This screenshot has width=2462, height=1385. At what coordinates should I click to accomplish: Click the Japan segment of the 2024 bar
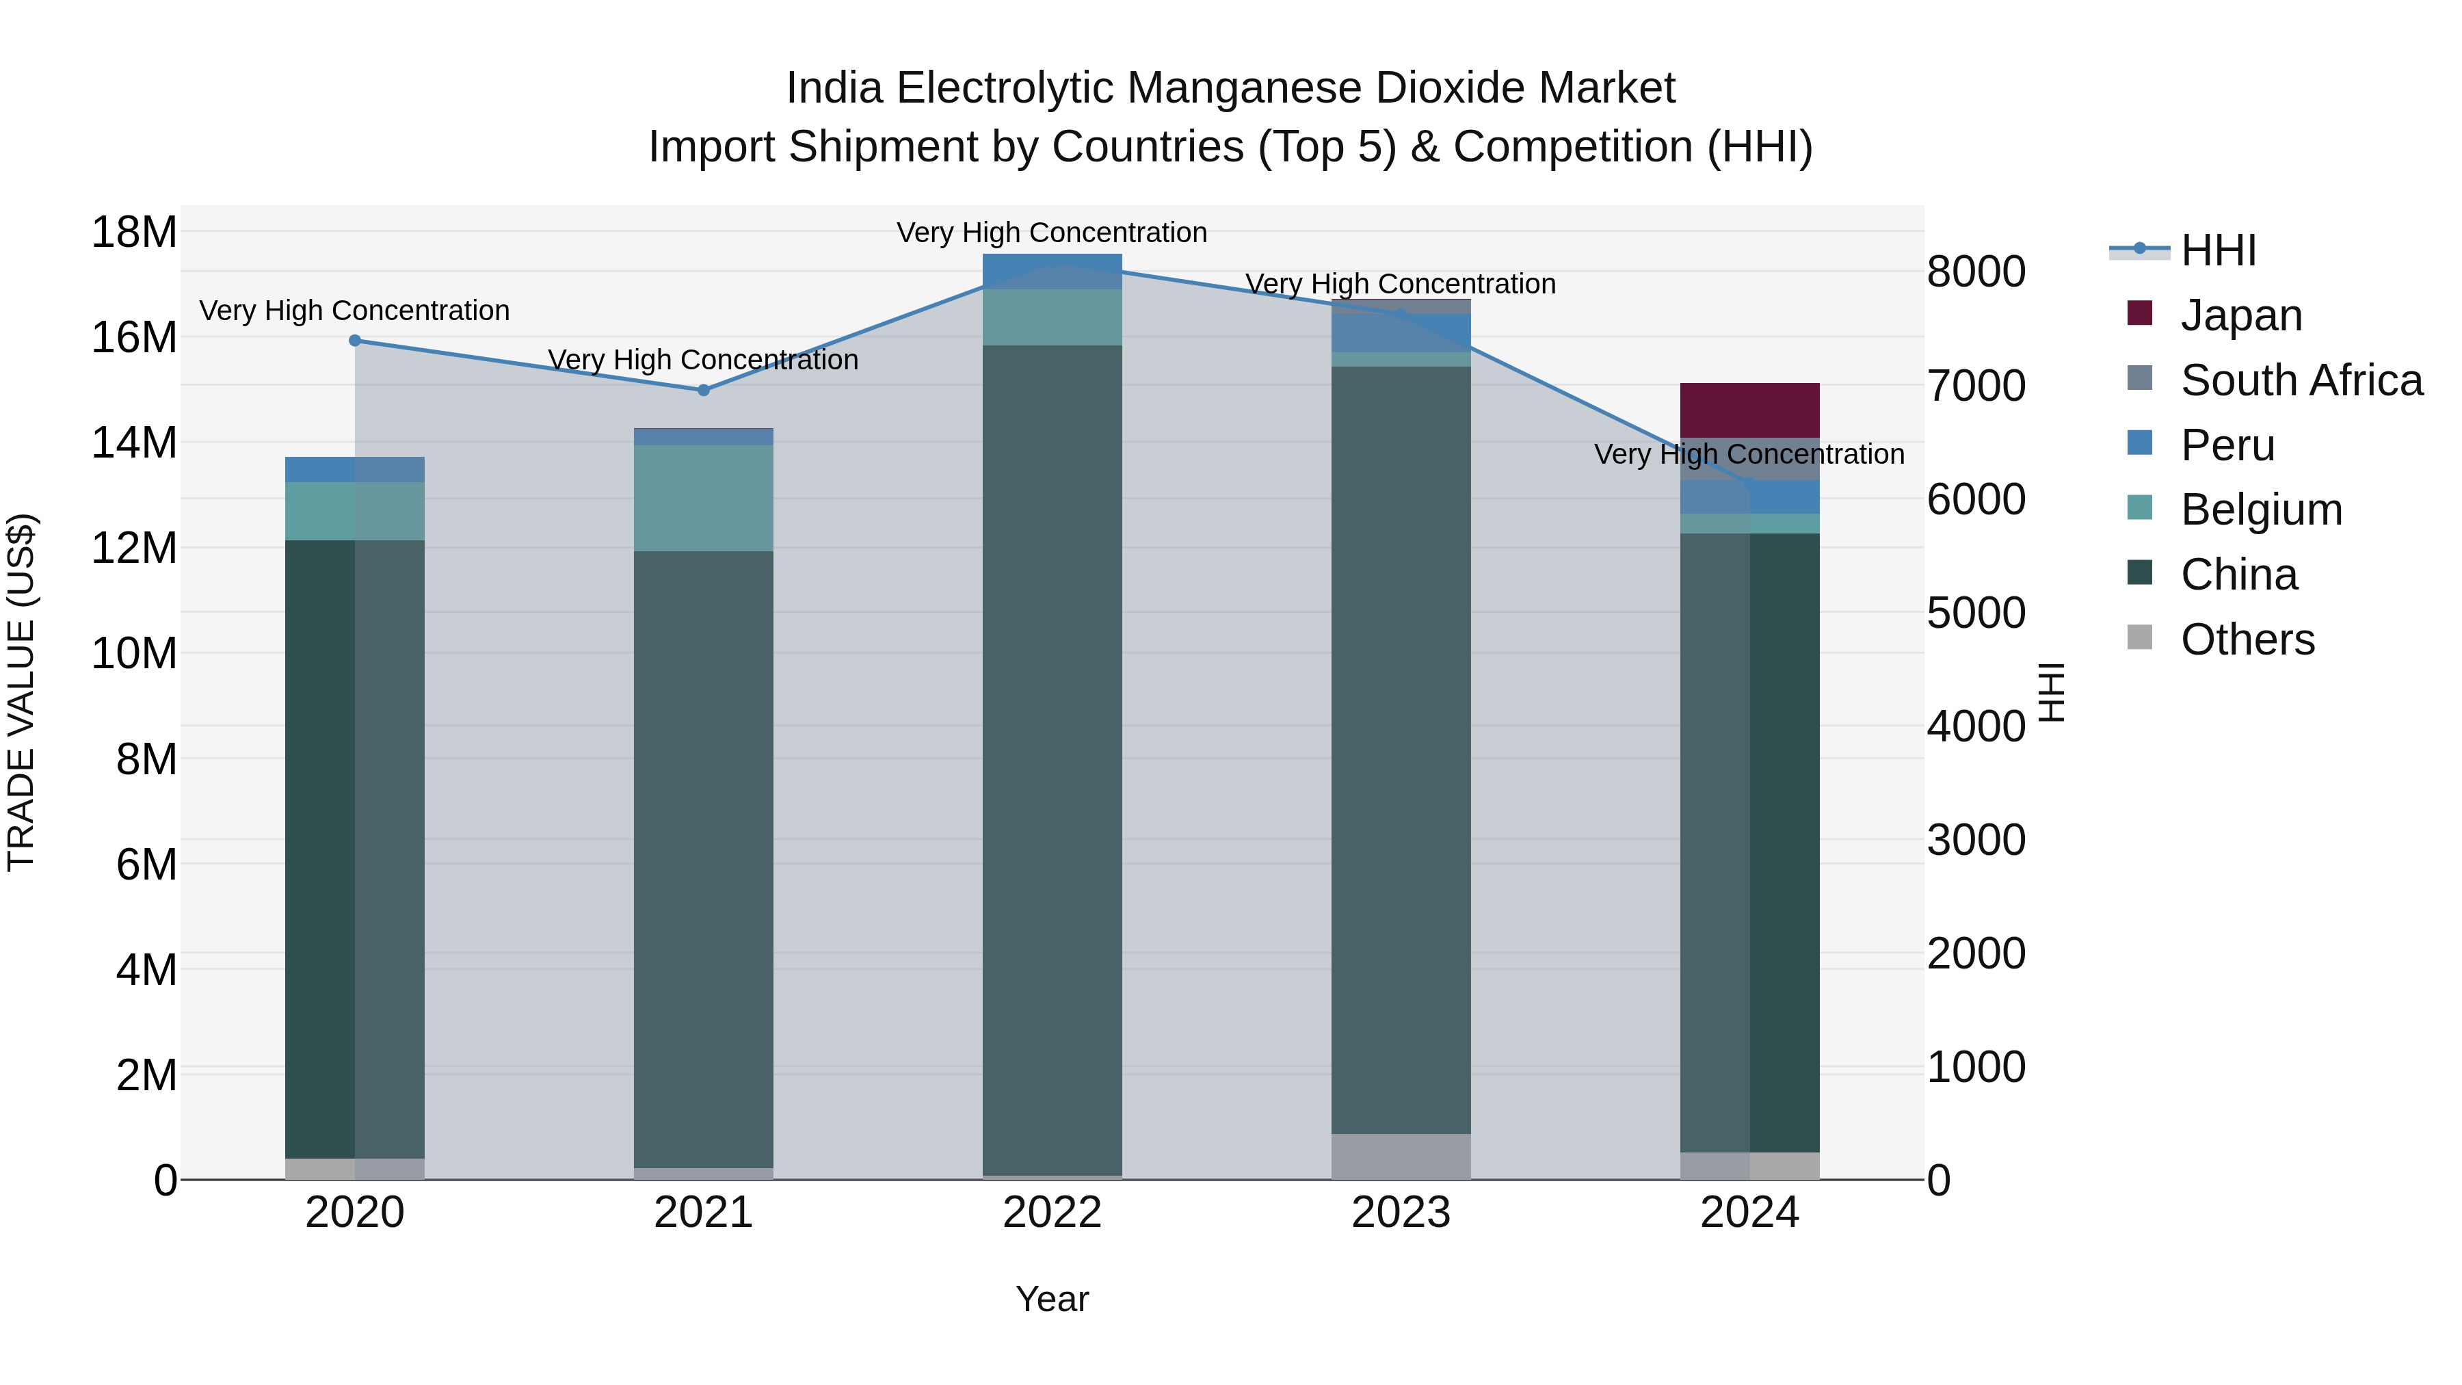(x=1749, y=410)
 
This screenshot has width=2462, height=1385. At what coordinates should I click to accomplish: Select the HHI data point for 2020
(x=354, y=341)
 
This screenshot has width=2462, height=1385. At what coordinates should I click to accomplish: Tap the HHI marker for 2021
(x=704, y=390)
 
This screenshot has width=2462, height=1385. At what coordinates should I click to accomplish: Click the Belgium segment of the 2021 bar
(x=704, y=498)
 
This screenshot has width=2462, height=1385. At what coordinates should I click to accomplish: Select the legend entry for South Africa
(x=2301, y=380)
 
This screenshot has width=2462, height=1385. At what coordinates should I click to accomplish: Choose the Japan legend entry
(x=2241, y=315)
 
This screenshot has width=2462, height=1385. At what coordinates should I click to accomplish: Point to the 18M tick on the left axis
(x=134, y=233)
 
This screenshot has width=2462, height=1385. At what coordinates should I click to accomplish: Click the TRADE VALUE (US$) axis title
(x=21, y=692)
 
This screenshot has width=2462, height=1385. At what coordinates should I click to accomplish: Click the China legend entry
(x=2238, y=575)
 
